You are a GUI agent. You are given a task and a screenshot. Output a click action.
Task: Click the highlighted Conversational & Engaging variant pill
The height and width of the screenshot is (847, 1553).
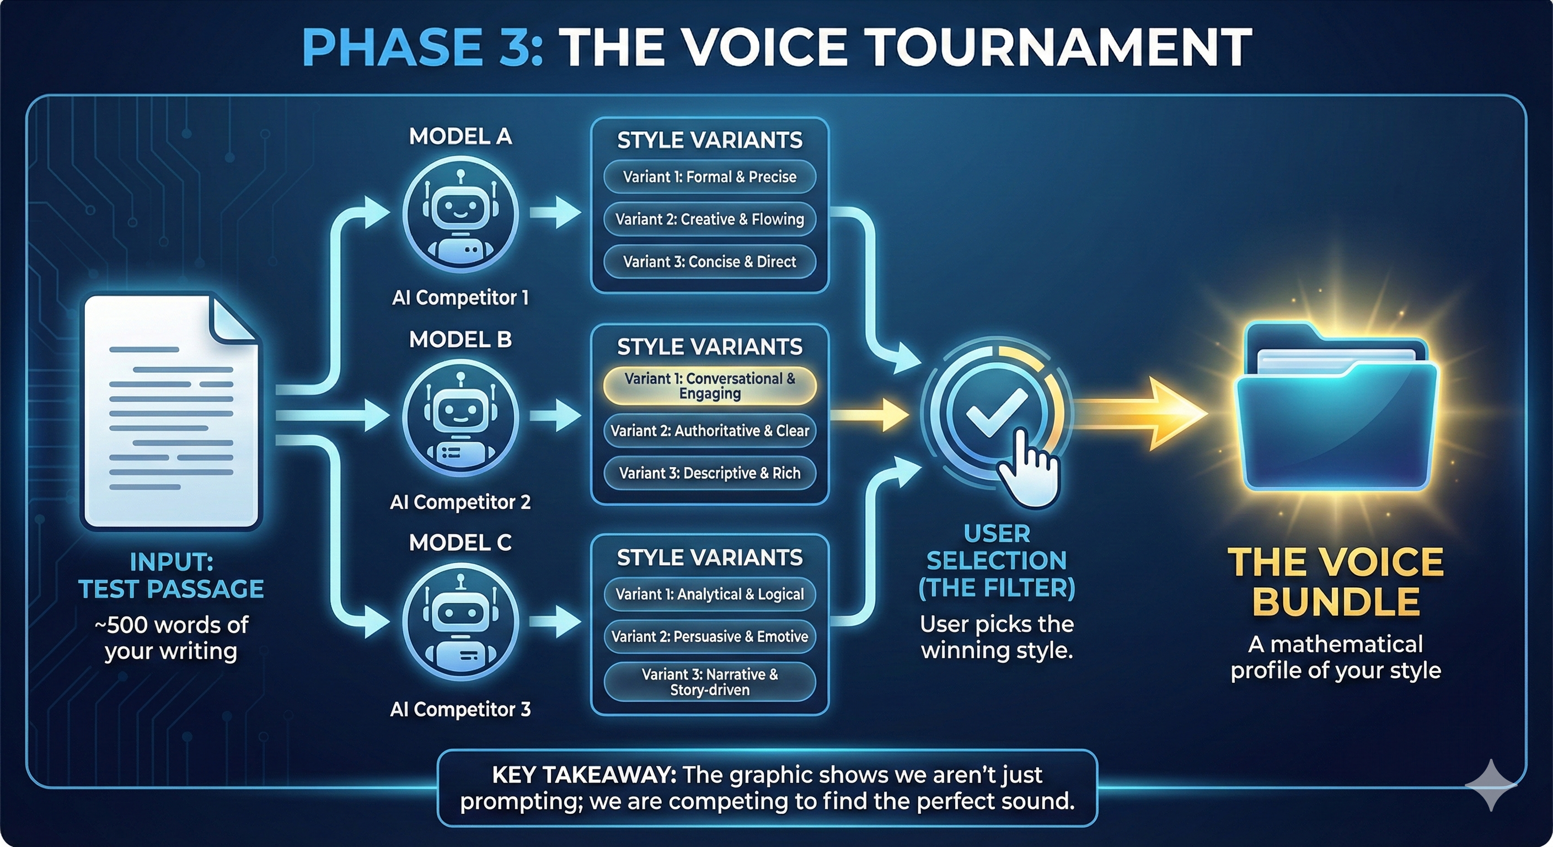(x=710, y=386)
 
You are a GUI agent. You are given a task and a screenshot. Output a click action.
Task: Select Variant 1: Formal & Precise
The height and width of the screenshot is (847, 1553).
(x=710, y=176)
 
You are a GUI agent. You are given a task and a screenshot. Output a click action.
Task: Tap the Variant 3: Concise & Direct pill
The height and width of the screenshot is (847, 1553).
(x=710, y=261)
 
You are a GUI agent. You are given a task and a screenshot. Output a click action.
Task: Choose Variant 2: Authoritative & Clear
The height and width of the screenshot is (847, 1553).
(x=710, y=431)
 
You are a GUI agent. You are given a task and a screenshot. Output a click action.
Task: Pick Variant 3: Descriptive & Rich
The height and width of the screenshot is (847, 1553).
(x=710, y=473)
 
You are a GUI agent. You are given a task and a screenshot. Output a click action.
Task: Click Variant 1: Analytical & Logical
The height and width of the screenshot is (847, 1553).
(x=710, y=594)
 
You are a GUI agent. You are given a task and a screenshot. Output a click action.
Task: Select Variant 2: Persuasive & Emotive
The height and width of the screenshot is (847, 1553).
(x=710, y=636)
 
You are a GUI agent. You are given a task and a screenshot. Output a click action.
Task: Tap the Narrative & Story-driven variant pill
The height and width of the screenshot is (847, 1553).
(x=710, y=682)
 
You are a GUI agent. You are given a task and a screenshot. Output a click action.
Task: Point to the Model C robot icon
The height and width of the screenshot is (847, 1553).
(x=460, y=623)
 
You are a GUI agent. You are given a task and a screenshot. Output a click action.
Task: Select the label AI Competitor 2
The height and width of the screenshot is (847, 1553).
(x=460, y=502)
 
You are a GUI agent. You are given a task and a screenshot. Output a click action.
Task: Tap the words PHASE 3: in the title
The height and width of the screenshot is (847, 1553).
(x=422, y=47)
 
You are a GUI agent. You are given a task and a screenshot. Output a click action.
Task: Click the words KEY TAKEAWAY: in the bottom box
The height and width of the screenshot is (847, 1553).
(x=583, y=775)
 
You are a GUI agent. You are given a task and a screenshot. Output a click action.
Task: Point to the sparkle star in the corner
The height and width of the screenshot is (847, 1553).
(x=1490, y=784)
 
